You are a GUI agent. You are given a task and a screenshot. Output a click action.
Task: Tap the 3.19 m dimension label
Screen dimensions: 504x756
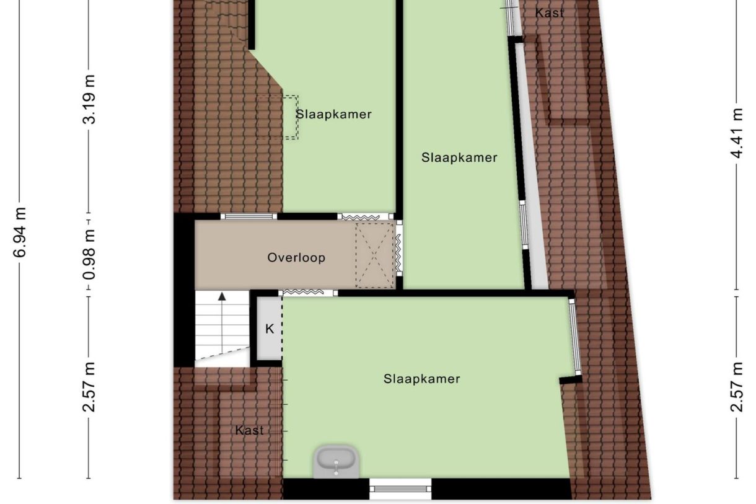90,99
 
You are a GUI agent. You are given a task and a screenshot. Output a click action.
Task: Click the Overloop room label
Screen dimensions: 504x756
296,258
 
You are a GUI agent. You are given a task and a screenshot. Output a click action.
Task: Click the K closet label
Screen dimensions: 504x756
270,329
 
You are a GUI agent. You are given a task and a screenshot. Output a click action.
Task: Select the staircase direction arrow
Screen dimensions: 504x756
221,322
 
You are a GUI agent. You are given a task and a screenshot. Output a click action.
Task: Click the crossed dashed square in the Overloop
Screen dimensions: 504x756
374,255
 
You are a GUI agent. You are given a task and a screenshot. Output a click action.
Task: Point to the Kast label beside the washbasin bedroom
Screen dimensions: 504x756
250,430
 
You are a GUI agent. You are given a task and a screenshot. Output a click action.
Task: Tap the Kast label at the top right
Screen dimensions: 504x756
550,12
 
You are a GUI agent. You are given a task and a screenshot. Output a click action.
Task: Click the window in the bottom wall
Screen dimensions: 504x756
400,489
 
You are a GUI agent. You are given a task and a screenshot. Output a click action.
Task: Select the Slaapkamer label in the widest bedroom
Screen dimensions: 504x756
422,379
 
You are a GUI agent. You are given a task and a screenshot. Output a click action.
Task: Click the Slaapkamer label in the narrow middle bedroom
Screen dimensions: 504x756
459,157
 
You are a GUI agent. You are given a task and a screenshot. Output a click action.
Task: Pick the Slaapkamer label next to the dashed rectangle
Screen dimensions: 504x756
334,114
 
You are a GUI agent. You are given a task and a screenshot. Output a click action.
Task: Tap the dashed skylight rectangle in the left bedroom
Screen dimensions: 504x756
278,117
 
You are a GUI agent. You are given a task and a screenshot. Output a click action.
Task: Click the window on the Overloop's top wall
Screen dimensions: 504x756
248,216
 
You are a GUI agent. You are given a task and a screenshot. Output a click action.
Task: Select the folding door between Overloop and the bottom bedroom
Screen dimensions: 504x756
300,293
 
